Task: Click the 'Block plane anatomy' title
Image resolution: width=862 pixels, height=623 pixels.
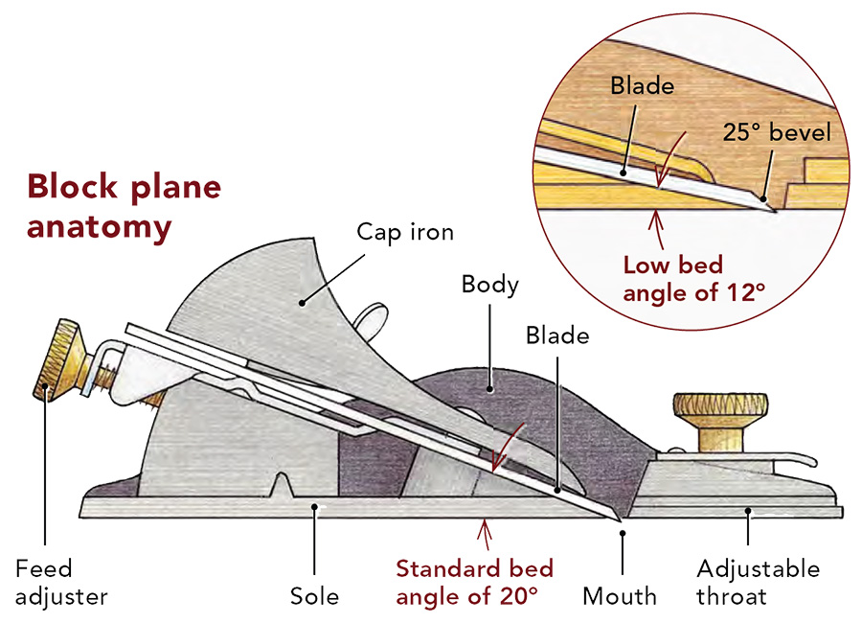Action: pos(124,207)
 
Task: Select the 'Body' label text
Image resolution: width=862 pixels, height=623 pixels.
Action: pos(489,284)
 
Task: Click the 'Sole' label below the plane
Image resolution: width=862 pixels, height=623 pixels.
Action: pos(314,596)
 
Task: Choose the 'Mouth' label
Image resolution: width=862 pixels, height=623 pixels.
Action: pos(620,596)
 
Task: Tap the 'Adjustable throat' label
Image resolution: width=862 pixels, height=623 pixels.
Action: pos(759,583)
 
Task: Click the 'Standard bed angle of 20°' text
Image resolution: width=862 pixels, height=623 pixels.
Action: pos(474,581)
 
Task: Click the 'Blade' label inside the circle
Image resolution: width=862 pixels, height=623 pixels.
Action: pos(642,85)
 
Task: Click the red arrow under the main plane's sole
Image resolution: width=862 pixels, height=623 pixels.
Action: pos(486,529)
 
